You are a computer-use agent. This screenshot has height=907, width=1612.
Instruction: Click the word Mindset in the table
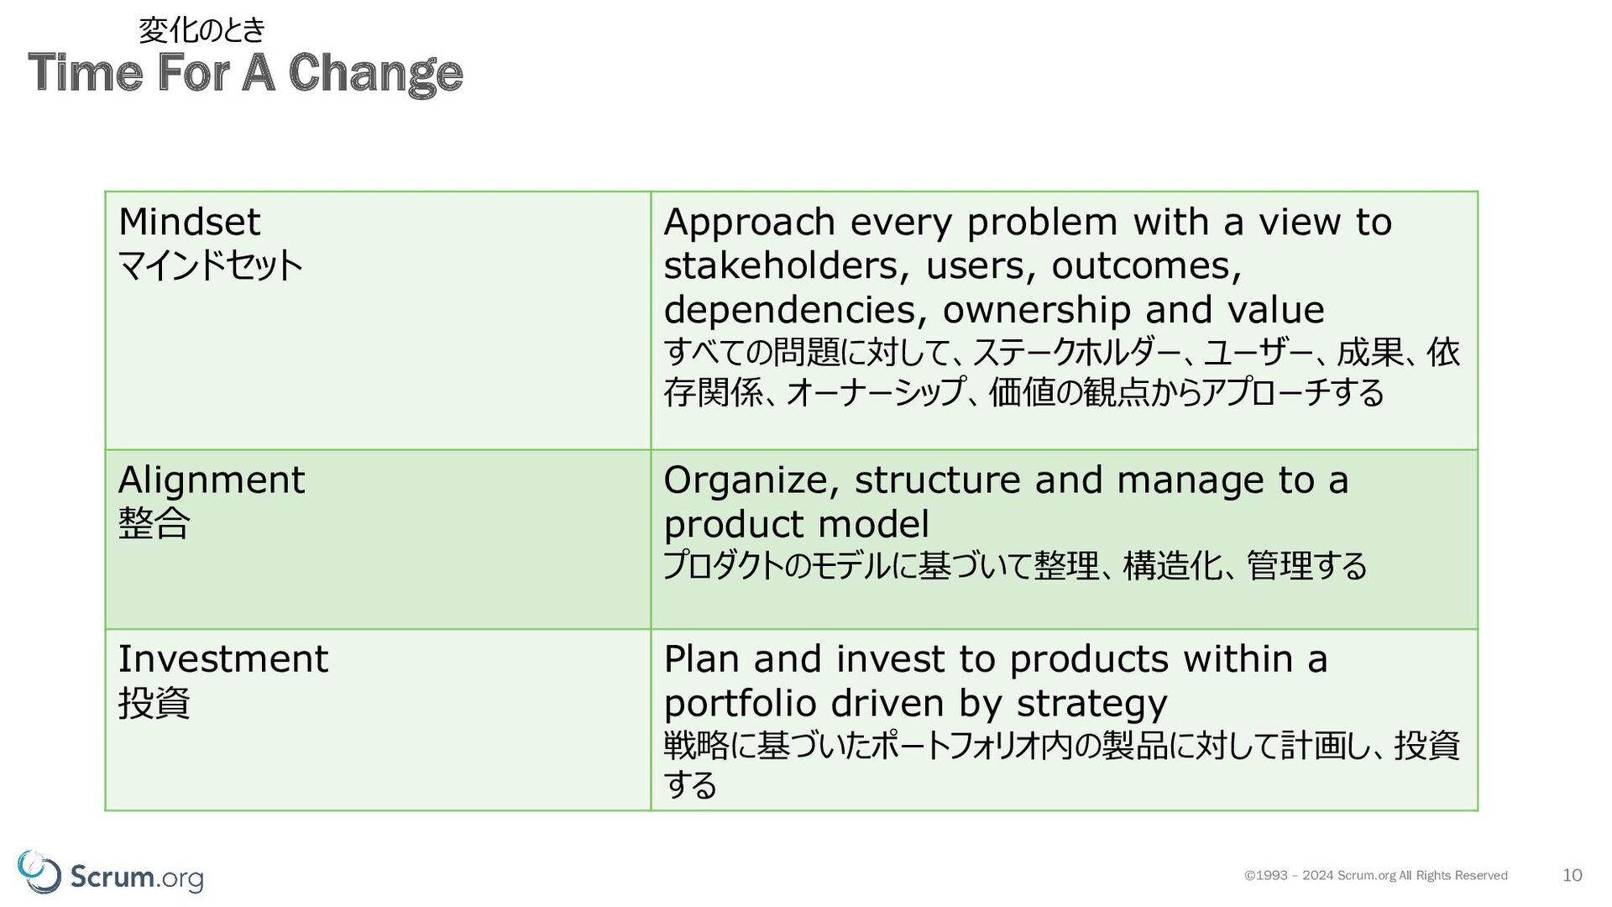(x=189, y=222)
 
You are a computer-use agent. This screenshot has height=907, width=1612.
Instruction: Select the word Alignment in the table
(x=211, y=480)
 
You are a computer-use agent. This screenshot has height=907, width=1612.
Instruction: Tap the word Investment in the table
(x=222, y=659)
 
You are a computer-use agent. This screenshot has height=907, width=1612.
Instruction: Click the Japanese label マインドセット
(x=210, y=265)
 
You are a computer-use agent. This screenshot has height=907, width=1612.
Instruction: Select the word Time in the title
(x=85, y=72)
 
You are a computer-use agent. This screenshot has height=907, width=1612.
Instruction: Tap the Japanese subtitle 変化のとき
(x=201, y=30)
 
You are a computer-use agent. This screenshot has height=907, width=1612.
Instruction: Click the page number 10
(x=1572, y=875)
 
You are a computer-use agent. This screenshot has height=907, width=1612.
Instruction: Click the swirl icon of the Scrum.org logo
(x=39, y=872)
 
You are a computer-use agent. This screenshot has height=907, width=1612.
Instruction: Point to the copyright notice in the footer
(x=1375, y=875)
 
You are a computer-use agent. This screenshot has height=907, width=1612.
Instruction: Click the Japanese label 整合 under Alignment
(x=154, y=523)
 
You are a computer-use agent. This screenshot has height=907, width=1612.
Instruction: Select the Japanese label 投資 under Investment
(x=154, y=703)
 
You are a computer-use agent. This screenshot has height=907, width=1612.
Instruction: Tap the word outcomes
(x=1146, y=266)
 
